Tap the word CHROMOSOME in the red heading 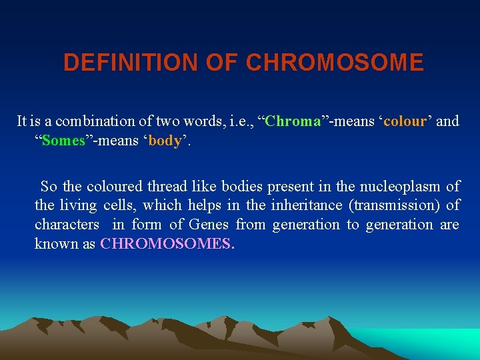[x=335, y=63]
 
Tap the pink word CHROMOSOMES [x=167, y=244]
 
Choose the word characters [x=67, y=225]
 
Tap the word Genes [x=209, y=225]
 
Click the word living [x=79, y=205]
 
